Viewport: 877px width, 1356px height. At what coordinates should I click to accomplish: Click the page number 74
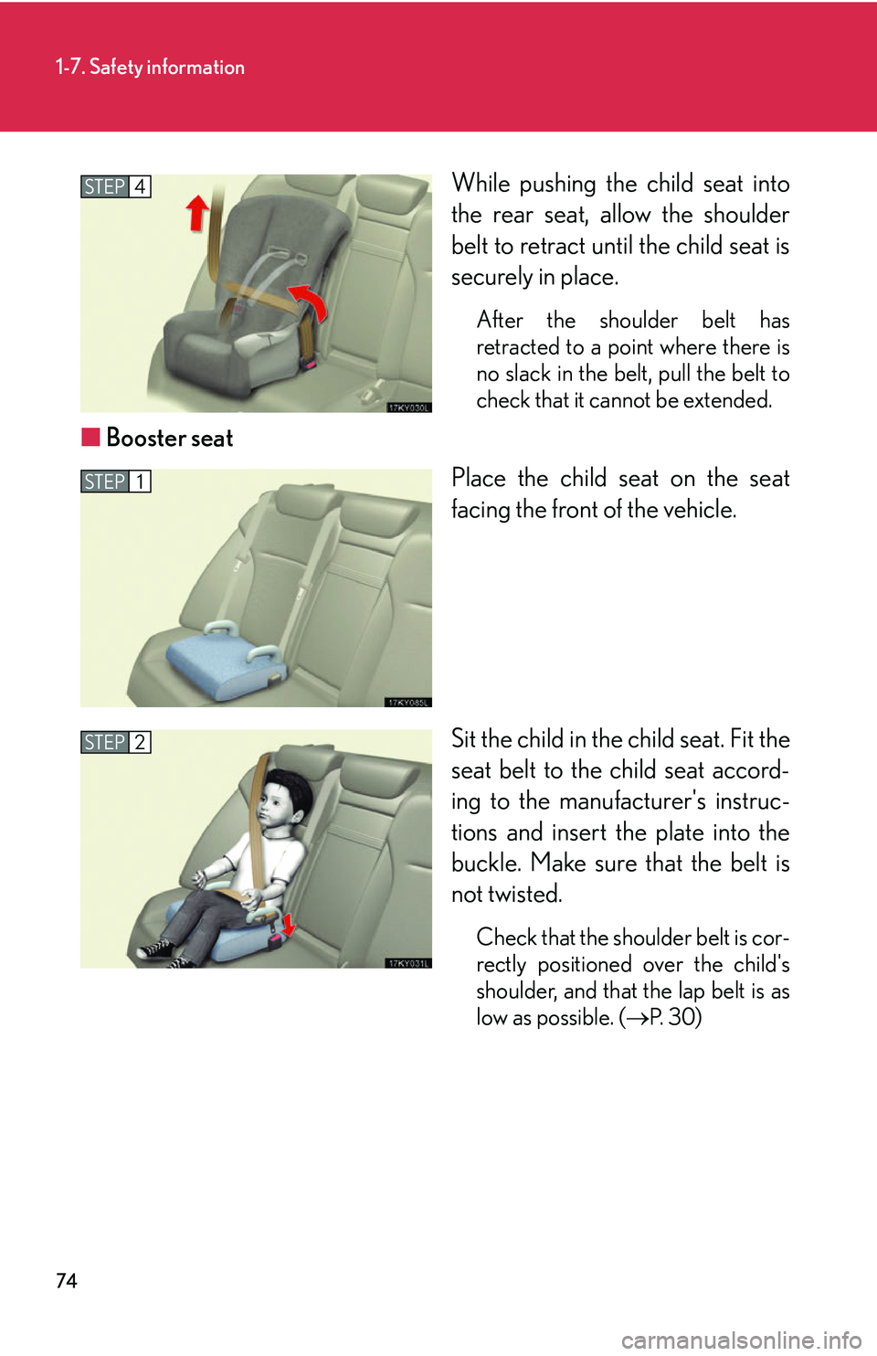[x=67, y=1280]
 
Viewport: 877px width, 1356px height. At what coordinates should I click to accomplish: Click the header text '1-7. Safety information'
[x=150, y=67]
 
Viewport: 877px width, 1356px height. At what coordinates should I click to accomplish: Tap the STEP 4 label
[x=115, y=186]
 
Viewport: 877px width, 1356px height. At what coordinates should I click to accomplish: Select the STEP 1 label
[x=115, y=482]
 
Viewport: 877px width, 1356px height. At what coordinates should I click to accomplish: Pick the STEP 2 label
[x=115, y=742]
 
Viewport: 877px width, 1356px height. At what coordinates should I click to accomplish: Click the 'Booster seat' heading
[x=169, y=438]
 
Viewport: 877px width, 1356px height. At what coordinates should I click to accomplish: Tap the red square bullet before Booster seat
[x=90, y=437]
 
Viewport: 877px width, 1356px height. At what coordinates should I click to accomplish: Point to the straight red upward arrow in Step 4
[x=196, y=213]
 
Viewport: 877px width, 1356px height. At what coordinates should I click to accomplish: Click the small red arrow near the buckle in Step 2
[x=288, y=924]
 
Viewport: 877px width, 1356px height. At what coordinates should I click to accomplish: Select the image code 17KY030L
[x=407, y=408]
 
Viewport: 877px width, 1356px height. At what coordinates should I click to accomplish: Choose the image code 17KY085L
[x=407, y=702]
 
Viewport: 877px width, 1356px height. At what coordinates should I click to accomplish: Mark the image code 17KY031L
[x=407, y=963]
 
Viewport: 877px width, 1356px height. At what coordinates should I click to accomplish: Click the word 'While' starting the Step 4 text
[x=481, y=184]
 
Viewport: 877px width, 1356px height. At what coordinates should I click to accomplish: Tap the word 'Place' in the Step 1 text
[x=479, y=479]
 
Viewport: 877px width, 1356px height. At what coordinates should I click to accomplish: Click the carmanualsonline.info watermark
[x=741, y=1340]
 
